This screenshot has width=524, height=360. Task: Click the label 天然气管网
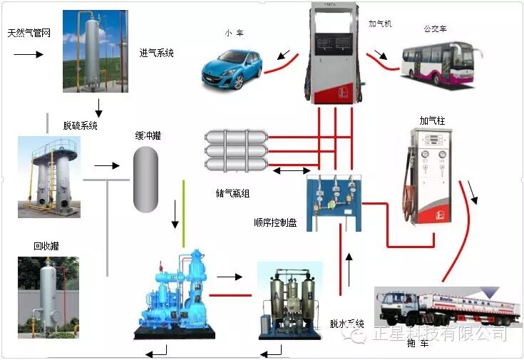(x=29, y=34)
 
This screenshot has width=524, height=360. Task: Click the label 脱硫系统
(x=80, y=125)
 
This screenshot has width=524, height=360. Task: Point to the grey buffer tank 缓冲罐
(x=145, y=179)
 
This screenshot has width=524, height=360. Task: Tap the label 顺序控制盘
(x=274, y=222)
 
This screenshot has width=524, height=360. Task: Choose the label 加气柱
(x=432, y=121)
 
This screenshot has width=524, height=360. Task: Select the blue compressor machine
(x=175, y=293)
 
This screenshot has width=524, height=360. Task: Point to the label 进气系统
(x=157, y=53)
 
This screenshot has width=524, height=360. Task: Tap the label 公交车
(x=435, y=29)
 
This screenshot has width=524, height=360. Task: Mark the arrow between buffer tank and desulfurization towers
(x=108, y=165)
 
